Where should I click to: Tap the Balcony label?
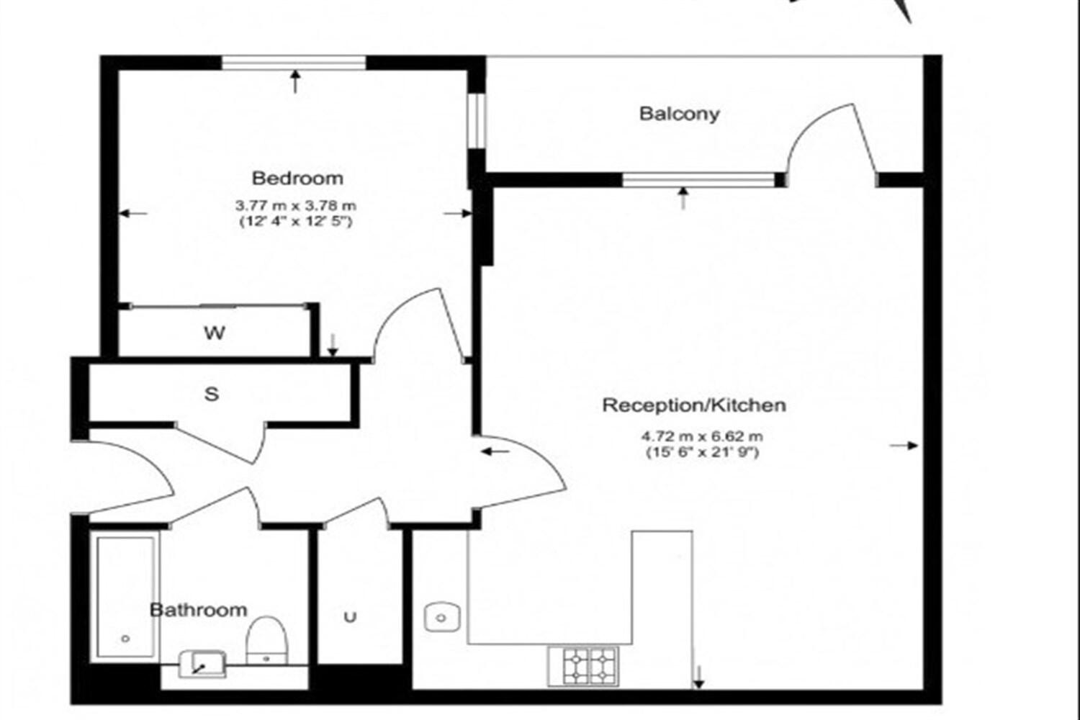click(x=679, y=114)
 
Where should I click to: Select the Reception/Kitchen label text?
click(x=693, y=405)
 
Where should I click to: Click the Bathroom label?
click(x=198, y=610)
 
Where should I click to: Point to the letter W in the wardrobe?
click(x=214, y=333)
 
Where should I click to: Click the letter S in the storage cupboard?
click(x=211, y=395)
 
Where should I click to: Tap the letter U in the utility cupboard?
click(x=350, y=617)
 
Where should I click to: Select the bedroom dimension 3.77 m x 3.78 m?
click(x=296, y=206)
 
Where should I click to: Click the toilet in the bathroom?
click(x=267, y=639)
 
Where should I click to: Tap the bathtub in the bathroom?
click(x=125, y=596)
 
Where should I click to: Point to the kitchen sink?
click(x=442, y=617)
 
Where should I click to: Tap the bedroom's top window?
click(x=294, y=63)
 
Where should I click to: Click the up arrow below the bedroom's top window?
click(x=295, y=81)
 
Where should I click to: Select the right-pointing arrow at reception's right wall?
click(x=904, y=446)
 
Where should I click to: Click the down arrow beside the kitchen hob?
click(x=698, y=676)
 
